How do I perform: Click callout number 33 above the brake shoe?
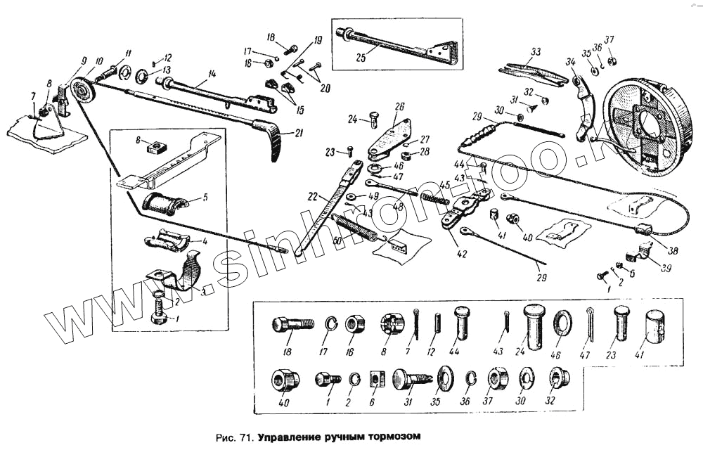pos(536,51)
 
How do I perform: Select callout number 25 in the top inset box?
pos(361,58)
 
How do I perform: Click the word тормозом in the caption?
pos(389,437)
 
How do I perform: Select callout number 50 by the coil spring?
pos(337,241)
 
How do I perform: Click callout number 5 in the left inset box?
pos(205,198)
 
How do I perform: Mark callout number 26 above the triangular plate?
pos(399,107)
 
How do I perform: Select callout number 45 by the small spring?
pos(444,186)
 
